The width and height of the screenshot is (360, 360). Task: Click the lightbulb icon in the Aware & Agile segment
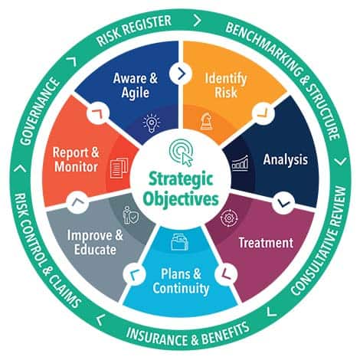pyautogui.click(x=152, y=123)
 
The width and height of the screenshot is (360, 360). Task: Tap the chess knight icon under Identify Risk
pyautogui.click(x=207, y=122)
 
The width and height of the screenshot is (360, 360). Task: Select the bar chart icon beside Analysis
pyautogui.click(x=240, y=163)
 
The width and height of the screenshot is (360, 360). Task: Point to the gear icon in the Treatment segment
pyautogui.click(x=229, y=218)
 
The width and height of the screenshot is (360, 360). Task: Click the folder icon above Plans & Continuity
pyautogui.click(x=180, y=242)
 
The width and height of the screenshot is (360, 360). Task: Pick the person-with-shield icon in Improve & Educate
pyautogui.click(x=131, y=215)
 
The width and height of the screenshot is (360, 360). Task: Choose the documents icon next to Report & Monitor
pyautogui.click(x=119, y=168)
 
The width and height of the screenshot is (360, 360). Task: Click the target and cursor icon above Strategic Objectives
pyautogui.click(x=181, y=152)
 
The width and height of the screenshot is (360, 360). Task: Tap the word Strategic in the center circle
pyautogui.click(x=181, y=180)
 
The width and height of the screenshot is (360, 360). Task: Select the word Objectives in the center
pyautogui.click(x=181, y=199)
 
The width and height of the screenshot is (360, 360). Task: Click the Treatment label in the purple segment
pyautogui.click(x=266, y=243)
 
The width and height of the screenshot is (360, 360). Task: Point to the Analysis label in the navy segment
pyautogui.click(x=285, y=160)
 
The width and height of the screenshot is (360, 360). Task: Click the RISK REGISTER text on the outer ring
pyautogui.click(x=134, y=30)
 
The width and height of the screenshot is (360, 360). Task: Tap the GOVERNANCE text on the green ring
pyautogui.click(x=39, y=112)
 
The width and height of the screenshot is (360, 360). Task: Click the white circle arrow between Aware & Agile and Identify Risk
pyautogui.click(x=181, y=74)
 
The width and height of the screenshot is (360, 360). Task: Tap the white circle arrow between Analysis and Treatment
pyautogui.click(x=283, y=202)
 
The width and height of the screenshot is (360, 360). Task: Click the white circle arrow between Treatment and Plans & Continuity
pyautogui.click(x=226, y=274)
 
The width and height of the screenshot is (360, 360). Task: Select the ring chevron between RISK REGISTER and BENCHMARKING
pyautogui.click(x=197, y=21)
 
